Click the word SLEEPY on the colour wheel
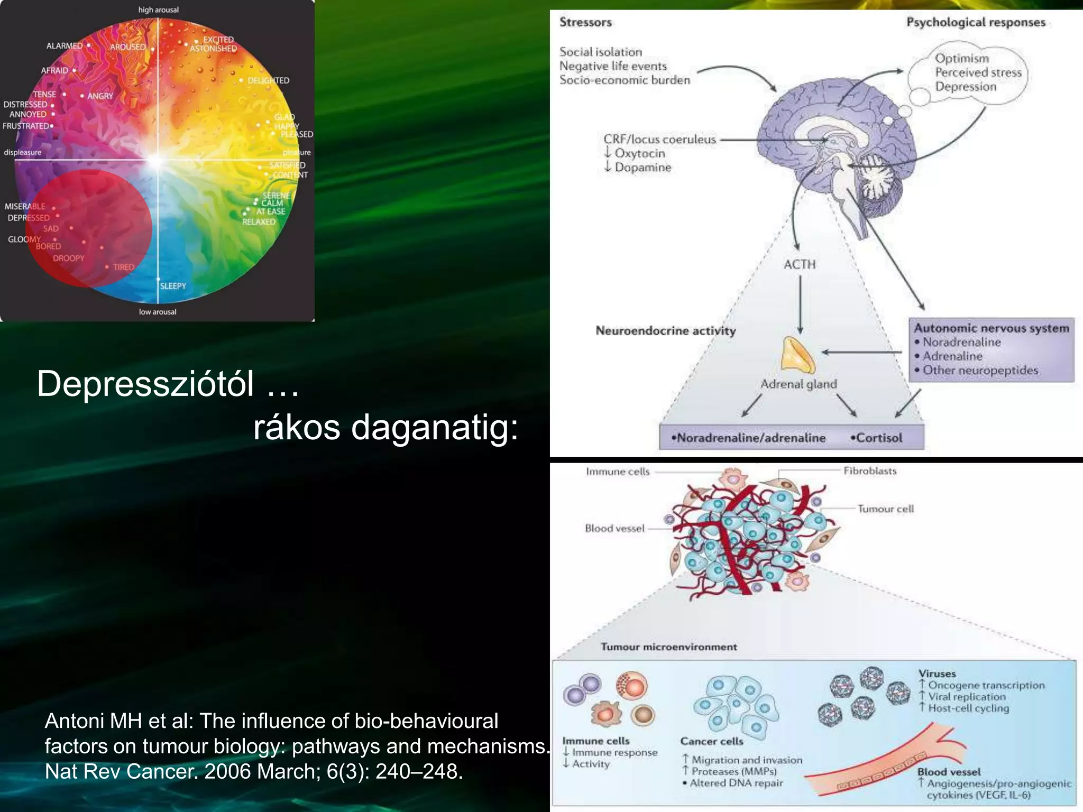point(173,286)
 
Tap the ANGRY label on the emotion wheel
point(100,96)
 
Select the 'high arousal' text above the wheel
point(158,10)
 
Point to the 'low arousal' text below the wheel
point(158,312)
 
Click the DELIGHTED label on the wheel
point(268,80)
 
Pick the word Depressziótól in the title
point(145,384)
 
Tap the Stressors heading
point(585,22)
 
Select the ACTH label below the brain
point(800,264)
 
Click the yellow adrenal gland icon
point(798,355)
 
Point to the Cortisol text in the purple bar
point(878,438)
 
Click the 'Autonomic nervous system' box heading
point(992,328)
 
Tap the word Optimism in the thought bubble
point(961,58)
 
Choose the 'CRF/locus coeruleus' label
point(659,140)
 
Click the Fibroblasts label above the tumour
point(870,471)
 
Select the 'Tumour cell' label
point(885,509)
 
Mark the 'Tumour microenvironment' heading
point(668,647)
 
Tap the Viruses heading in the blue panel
point(937,673)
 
